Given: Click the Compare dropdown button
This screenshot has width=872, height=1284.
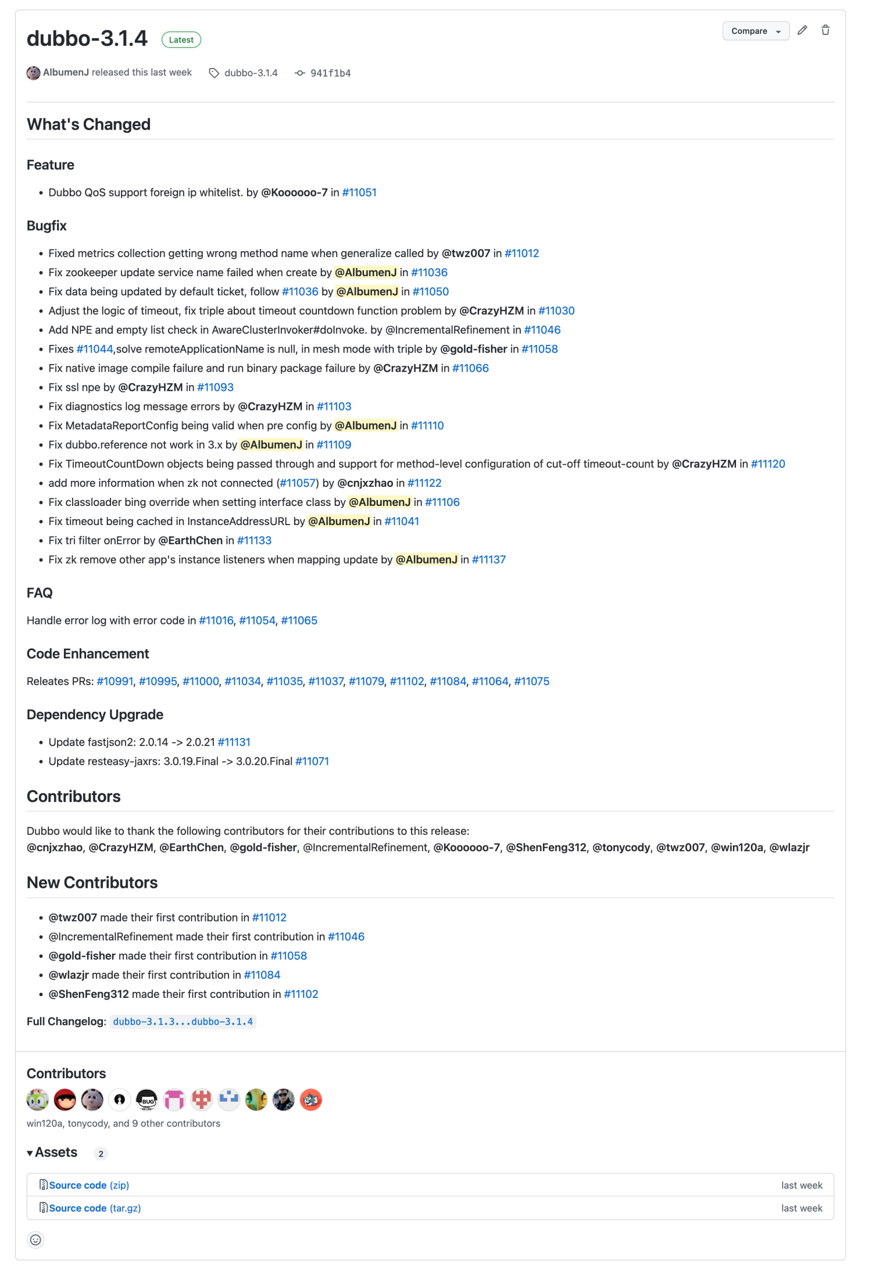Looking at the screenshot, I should click(755, 31).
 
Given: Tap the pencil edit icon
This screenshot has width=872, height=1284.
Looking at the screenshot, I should click(802, 30).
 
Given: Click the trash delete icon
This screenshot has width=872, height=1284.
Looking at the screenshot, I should click(825, 30).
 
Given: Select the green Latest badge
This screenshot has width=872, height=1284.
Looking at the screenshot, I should click(181, 40).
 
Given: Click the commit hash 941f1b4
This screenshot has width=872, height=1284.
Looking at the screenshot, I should click(330, 73).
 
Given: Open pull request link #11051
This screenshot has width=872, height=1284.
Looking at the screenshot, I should click(359, 192).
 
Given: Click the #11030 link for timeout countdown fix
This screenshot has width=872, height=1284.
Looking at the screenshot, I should click(556, 311).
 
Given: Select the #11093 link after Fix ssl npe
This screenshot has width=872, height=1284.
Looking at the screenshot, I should click(215, 387).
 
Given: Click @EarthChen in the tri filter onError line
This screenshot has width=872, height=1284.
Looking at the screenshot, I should click(190, 540).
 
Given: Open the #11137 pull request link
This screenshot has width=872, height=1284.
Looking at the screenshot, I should click(489, 559).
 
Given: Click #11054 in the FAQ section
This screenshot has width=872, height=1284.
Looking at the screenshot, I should click(257, 620).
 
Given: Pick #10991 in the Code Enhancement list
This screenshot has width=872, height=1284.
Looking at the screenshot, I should click(115, 681).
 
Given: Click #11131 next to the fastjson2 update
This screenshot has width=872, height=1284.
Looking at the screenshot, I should click(234, 742).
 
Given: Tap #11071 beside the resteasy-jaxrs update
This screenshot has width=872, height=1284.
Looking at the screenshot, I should click(312, 761).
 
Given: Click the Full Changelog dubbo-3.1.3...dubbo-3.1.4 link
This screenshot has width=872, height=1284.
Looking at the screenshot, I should click(183, 1022).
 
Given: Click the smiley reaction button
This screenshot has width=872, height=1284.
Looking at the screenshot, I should click(35, 1240).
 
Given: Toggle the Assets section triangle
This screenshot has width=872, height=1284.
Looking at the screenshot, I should click(30, 1153).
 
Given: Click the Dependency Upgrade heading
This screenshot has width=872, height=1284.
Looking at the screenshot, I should click(95, 715).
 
